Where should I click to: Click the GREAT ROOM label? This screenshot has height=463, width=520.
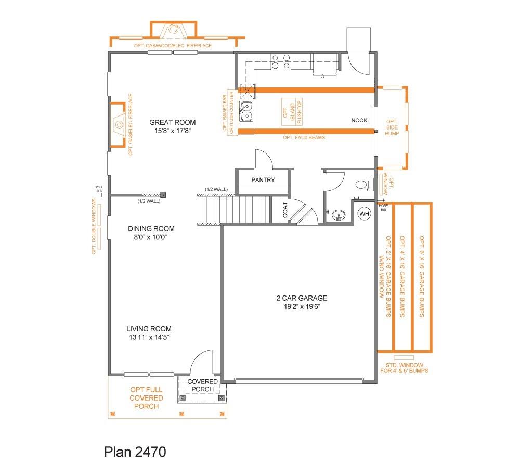(172, 123)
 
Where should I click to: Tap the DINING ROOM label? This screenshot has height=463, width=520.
(151, 229)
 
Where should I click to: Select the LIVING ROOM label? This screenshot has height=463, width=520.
(149, 329)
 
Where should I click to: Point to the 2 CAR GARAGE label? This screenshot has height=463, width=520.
(302, 298)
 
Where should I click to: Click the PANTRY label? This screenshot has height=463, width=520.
(263, 181)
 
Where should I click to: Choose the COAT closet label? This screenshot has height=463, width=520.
(285, 211)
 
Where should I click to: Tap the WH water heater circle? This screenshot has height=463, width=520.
(364, 213)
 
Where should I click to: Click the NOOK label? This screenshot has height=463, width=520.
(359, 120)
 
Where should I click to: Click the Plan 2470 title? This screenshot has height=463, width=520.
(135, 451)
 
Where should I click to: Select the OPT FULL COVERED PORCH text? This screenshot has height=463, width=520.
(146, 398)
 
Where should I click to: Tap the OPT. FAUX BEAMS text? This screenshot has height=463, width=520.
(304, 138)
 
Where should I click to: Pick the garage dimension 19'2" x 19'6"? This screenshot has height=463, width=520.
(302, 307)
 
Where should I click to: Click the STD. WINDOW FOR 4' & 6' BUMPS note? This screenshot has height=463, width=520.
(408, 368)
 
